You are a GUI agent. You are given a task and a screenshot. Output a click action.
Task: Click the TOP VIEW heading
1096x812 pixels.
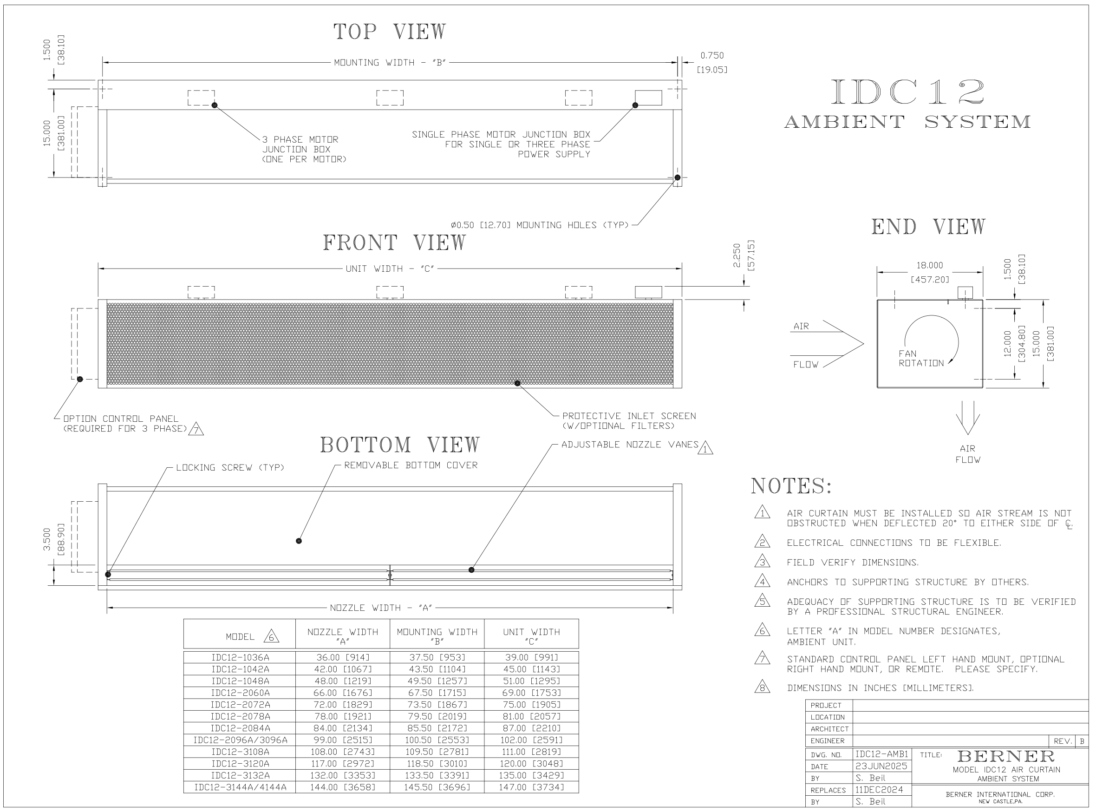[390, 32]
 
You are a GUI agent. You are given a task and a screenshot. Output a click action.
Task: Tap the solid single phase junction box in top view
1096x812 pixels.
[648, 98]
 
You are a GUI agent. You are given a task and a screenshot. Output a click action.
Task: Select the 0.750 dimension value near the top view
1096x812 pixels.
[712, 56]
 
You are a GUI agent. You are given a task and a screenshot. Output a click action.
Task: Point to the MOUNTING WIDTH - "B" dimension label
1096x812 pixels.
[390, 63]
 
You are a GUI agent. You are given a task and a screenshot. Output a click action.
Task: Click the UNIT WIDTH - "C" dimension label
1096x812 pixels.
[390, 269]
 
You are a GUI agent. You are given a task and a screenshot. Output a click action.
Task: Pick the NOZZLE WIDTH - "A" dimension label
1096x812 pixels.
[381, 608]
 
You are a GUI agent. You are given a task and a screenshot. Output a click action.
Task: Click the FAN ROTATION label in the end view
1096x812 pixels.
[920, 358]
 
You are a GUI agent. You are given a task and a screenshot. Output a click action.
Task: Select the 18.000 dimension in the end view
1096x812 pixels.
[929, 265]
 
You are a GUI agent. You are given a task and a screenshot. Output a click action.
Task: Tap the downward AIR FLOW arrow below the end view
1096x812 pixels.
[967, 418]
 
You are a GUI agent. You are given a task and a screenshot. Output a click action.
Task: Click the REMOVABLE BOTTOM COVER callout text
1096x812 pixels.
[411, 465]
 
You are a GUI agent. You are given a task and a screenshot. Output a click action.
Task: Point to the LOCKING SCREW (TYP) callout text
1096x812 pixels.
[230, 468]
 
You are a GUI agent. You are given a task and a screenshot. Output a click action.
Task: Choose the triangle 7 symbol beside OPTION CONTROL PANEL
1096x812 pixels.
[196, 430]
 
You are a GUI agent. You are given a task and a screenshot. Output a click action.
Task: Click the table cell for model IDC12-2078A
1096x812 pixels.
[240, 717]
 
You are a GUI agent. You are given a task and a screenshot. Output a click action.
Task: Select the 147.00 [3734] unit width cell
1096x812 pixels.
[531, 787]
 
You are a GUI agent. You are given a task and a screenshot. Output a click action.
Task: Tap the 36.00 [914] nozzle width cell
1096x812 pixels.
[342, 658]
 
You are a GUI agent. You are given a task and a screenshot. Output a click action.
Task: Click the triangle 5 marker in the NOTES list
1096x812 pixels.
[762, 601]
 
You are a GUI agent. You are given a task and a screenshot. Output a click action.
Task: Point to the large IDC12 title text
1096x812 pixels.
[907, 92]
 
